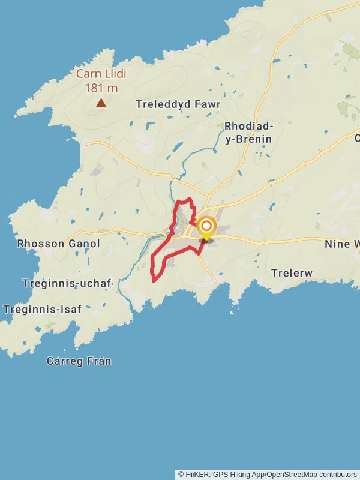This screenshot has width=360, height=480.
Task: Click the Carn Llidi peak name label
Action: coord(96,74)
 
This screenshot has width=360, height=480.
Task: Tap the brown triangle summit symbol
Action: coord(101,103)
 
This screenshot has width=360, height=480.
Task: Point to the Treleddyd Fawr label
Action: coord(178,104)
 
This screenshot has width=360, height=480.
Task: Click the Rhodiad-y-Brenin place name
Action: coord(248,133)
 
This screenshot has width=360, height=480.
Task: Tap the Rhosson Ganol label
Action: coord(59,244)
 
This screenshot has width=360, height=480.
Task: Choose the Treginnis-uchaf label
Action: coord(67,283)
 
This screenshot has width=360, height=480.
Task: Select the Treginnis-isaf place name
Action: coord(42,310)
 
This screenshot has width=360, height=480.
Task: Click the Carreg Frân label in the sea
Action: coord(79,361)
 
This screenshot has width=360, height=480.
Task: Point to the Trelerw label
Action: coord(292,273)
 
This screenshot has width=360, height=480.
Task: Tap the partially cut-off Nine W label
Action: coord(342,244)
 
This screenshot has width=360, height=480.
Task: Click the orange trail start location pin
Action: coord(206,227)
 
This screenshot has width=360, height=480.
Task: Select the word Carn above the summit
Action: coord(86,74)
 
